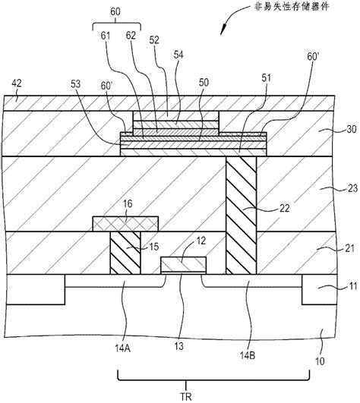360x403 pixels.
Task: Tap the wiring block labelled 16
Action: pyautogui.click(x=125, y=223)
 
